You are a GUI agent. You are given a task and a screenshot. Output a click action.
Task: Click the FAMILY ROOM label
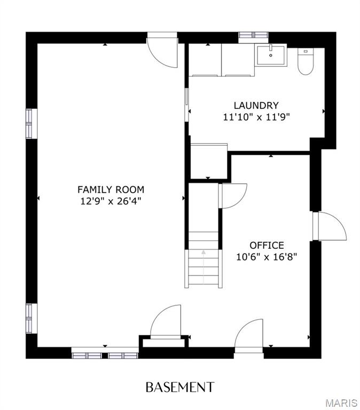pos(111,190)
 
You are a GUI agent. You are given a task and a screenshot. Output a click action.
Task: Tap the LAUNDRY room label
pos(256,105)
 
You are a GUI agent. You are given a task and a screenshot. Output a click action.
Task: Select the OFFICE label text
pos(267,245)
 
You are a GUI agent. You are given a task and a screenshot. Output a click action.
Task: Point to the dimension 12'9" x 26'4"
pos(111,201)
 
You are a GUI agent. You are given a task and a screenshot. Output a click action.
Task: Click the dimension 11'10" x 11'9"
pos(256,117)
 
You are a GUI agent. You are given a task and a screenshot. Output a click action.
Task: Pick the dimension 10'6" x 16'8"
pos(267,257)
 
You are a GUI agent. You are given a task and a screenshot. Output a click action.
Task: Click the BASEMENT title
pos(180,387)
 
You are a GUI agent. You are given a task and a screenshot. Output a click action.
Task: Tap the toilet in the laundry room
pos(306,61)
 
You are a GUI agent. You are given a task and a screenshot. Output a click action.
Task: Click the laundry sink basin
pos(271,55)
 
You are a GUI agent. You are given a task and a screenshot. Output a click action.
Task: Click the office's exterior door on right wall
pos(330,226)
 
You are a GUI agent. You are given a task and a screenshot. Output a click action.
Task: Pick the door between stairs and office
pos(232,196)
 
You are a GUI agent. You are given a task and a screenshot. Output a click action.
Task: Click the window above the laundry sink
pos(254,35)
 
